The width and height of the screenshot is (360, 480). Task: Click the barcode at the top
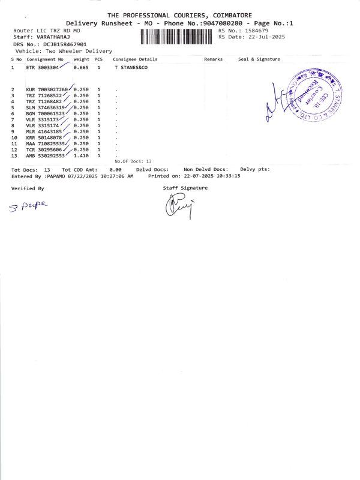coord(178,37)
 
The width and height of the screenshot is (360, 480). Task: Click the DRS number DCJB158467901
coord(63,44)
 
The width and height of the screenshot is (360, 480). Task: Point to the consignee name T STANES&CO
coord(131,68)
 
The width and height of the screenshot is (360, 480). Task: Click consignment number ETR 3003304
coord(42,68)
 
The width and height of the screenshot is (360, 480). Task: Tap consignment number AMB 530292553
coord(45,155)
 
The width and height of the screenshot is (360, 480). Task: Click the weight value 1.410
coord(80,155)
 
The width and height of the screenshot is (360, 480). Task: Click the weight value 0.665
coord(80,68)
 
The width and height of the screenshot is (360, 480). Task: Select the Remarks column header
coord(213,59)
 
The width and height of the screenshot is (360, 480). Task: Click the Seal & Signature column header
coord(259,59)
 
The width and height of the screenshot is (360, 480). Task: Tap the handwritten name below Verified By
coord(28,206)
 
